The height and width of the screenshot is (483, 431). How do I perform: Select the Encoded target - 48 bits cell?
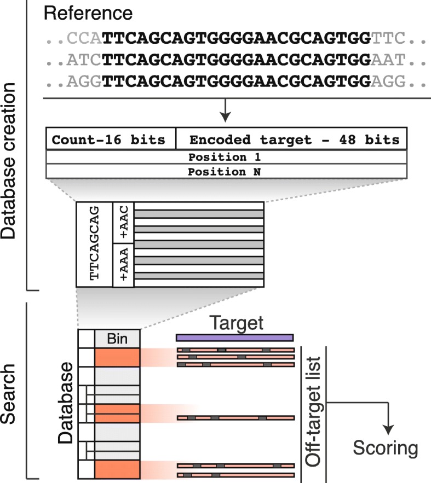(291, 139)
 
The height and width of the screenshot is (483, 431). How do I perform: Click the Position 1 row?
(226, 158)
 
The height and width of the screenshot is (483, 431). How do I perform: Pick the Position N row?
(226, 171)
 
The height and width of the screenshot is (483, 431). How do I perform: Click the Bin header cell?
(117, 339)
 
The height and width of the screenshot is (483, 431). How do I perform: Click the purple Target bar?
(234, 337)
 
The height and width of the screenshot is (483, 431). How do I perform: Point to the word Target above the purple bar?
(234, 323)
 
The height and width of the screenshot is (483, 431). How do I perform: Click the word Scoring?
(385, 449)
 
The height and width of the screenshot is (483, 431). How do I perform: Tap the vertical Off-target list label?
(314, 413)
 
